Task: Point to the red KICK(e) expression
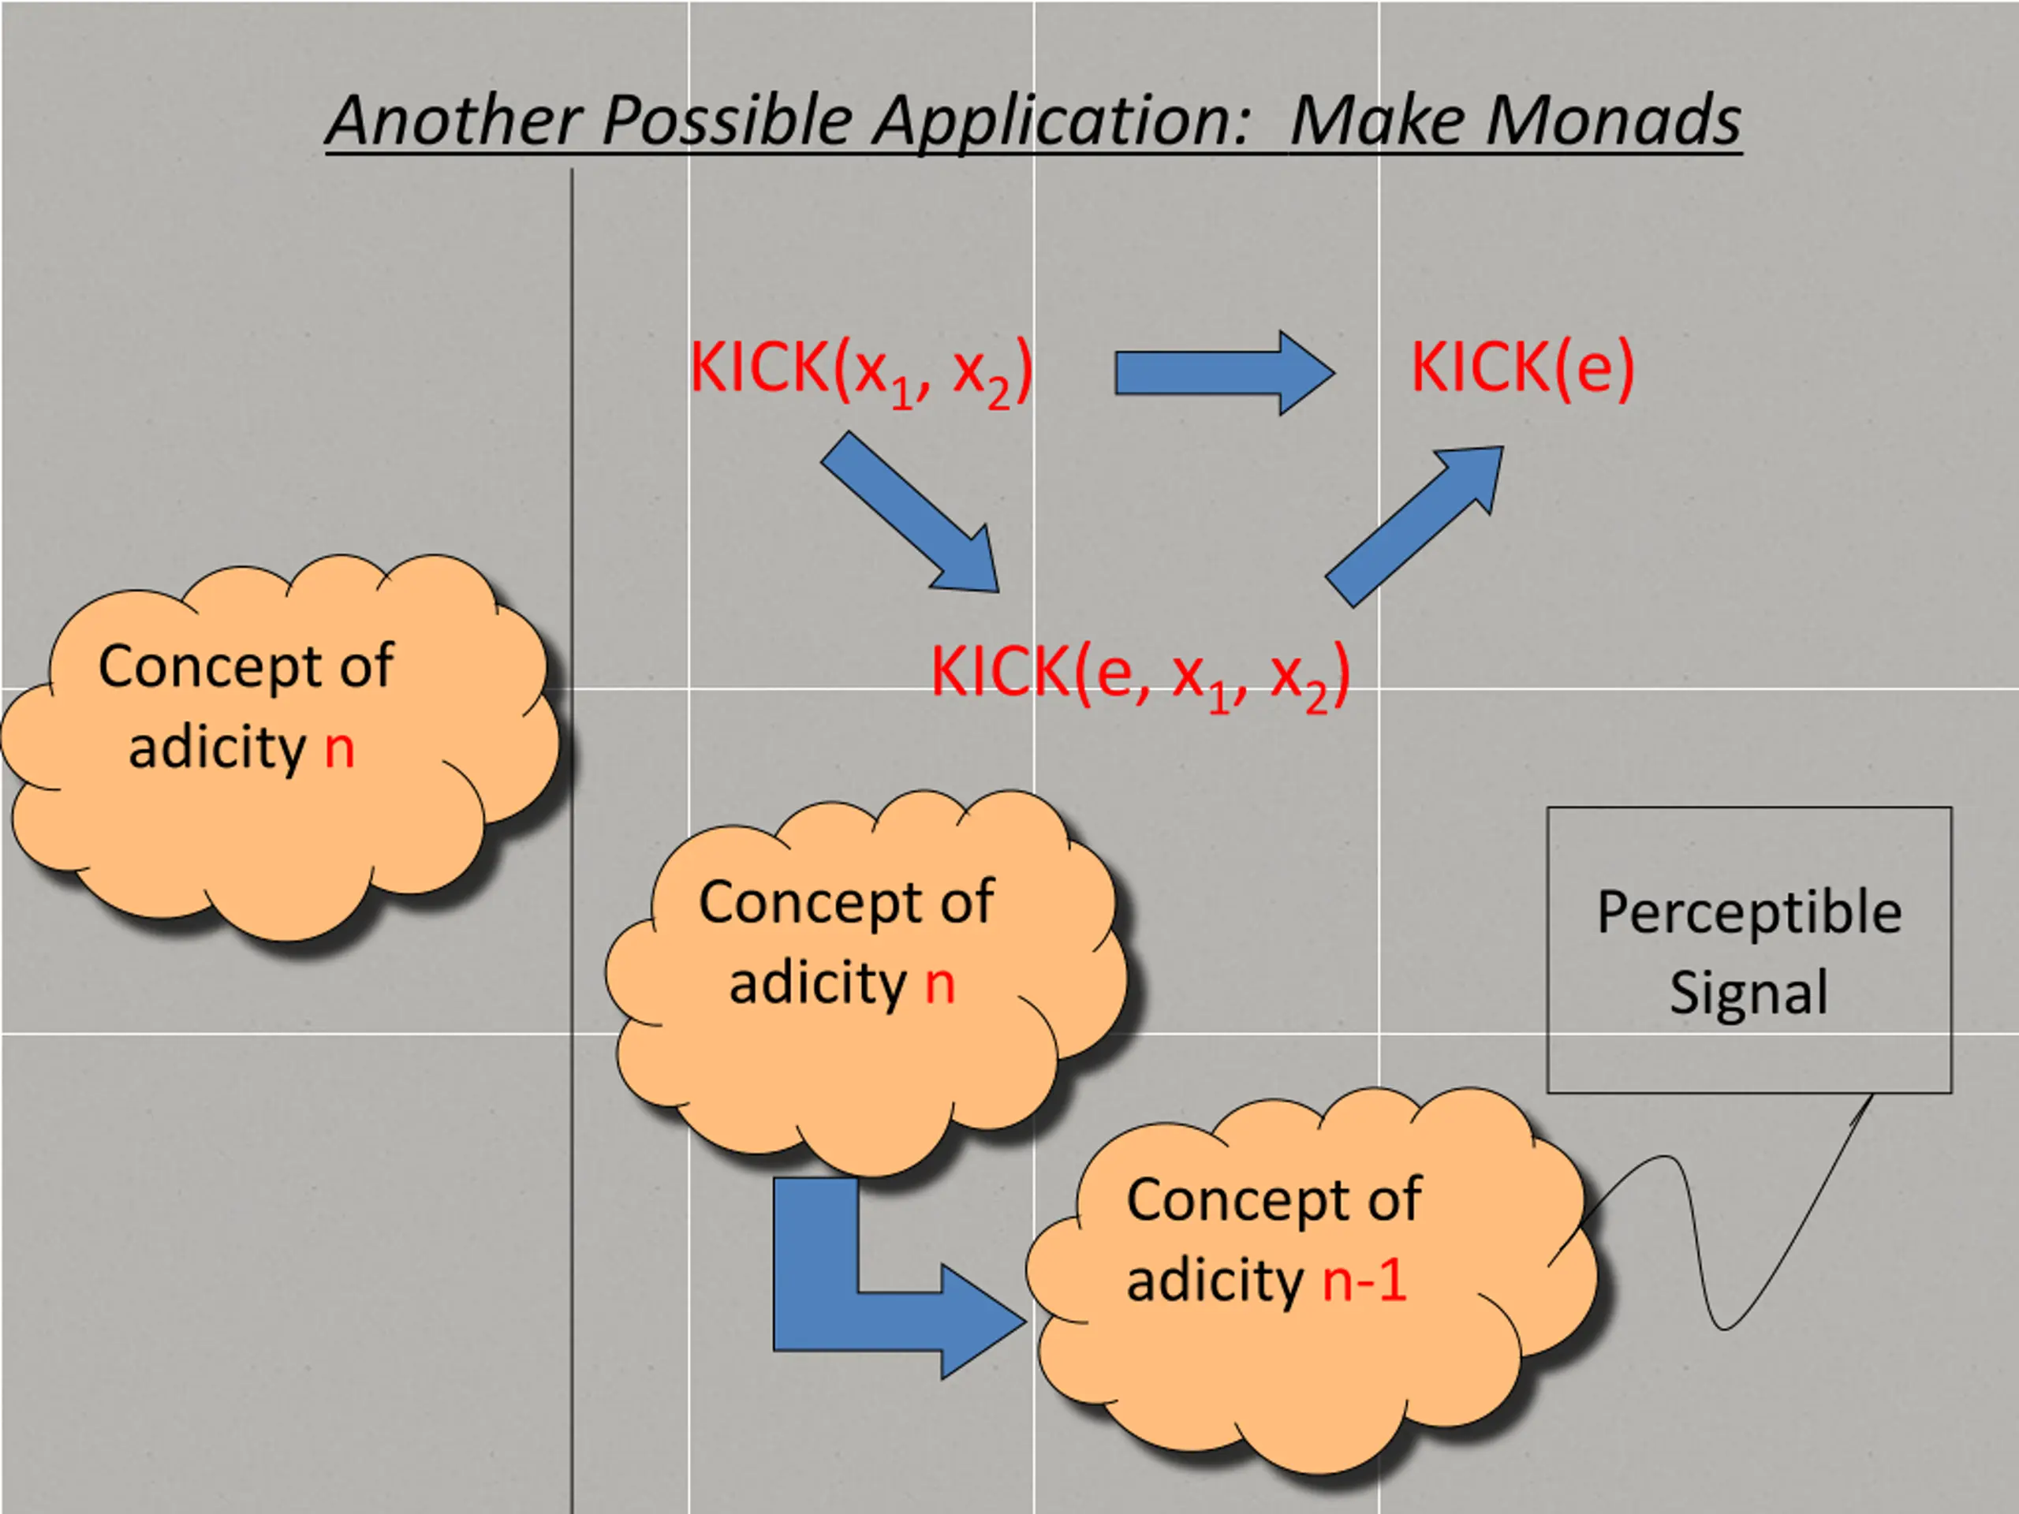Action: tap(1522, 367)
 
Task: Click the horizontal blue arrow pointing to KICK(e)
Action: tap(1225, 373)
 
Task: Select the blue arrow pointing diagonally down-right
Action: tap(910, 512)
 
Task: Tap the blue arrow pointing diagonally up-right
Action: tap(1414, 527)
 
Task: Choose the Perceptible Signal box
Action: tap(1748, 950)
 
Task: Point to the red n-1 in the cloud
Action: tap(1364, 1280)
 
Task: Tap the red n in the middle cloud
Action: tap(940, 986)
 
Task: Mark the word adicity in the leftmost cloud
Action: tap(216, 748)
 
